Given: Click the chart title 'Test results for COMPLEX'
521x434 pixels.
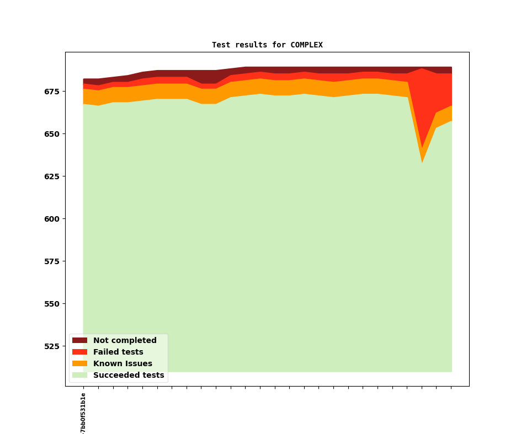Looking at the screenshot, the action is click(267, 45).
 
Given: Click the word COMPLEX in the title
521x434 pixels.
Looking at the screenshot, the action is click(306, 45).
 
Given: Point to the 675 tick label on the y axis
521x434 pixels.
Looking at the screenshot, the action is click(52, 92).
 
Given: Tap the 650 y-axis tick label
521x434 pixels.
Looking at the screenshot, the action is click(52, 134).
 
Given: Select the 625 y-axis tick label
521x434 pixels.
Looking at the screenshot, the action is click(52, 176).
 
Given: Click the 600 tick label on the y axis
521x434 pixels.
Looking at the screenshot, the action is click(52, 219).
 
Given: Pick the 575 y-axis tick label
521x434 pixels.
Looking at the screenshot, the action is click(52, 261).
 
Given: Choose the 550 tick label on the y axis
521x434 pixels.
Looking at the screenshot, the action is click(52, 304).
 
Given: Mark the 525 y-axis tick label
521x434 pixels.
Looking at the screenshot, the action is click(52, 346).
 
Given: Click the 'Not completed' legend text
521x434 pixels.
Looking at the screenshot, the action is click(125, 340).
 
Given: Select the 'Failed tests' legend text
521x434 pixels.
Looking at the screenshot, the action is click(118, 352).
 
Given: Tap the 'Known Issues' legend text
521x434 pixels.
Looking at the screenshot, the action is click(123, 363).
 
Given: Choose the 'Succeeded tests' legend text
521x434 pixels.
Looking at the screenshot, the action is click(129, 375).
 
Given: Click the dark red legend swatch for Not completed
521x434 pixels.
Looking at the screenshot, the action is click(79, 340).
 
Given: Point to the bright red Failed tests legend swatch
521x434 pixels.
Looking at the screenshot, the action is click(79, 352).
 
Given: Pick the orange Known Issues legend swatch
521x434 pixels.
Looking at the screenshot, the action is click(79, 363).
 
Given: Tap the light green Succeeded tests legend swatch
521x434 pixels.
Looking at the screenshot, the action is click(79, 375).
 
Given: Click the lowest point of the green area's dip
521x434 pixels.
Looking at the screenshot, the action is click(422, 163).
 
